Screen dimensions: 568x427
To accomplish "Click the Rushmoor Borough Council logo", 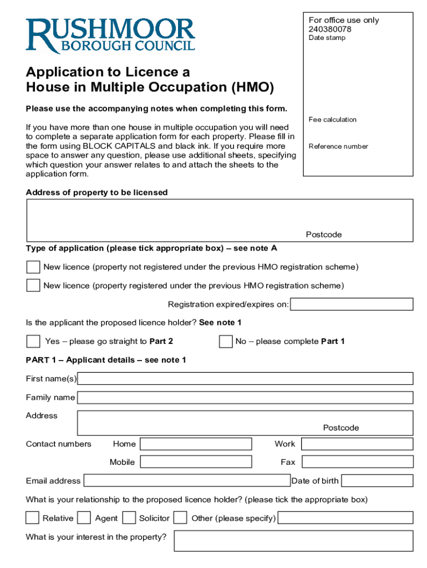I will point(110,35).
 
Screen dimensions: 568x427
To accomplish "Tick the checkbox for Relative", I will point(33,518).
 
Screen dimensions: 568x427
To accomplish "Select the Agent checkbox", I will point(84,518).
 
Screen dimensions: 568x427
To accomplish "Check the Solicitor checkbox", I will point(129,518).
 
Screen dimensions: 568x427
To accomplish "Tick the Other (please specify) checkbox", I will point(180,518).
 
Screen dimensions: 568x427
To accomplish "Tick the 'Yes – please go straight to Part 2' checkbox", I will point(33,341).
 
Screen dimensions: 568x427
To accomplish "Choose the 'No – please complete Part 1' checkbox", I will point(226,341).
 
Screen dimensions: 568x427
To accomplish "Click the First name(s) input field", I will point(245,378).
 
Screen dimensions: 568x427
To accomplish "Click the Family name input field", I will point(245,397).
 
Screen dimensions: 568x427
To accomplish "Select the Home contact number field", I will point(196,444).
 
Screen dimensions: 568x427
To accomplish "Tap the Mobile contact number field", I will point(196,461).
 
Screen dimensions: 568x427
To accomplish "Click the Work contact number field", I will point(357,444).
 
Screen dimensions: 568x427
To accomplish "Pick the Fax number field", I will point(357,461).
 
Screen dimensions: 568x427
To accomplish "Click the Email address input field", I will point(187,480).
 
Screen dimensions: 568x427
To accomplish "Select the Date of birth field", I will point(377,480).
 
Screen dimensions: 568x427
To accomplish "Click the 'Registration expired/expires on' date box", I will point(352,304).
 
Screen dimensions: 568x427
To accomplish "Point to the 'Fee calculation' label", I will point(333,119).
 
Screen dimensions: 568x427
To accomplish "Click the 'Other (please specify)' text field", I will point(345,518).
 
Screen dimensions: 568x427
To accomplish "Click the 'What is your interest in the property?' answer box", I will point(293,541).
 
